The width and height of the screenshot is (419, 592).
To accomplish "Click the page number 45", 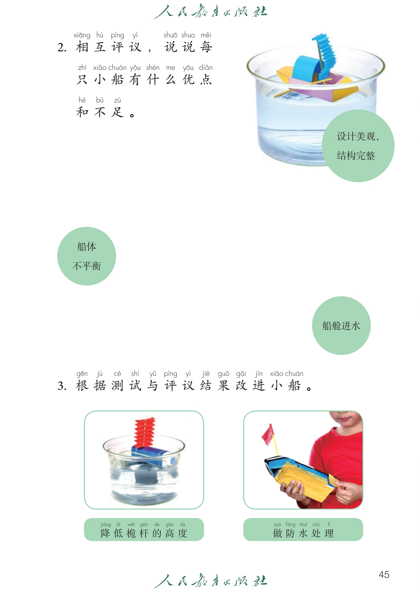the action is [384, 574].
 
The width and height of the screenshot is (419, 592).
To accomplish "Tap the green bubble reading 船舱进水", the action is [341, 326].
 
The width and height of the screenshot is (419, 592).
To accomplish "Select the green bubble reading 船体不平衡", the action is [87, 256].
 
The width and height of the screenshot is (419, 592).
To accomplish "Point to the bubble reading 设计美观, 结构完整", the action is [358, 146].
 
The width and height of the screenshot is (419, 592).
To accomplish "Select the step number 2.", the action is [62, 48].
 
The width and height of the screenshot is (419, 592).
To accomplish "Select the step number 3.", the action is [62, 386].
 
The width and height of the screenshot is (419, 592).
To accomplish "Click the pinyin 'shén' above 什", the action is [153, 67].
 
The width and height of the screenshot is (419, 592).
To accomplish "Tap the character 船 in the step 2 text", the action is [117, 79].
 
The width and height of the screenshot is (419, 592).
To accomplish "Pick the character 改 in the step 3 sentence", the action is [241, 385].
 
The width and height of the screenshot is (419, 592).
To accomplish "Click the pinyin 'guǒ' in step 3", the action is [223, 374].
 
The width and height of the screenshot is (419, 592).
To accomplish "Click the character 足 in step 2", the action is [117, 112].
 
